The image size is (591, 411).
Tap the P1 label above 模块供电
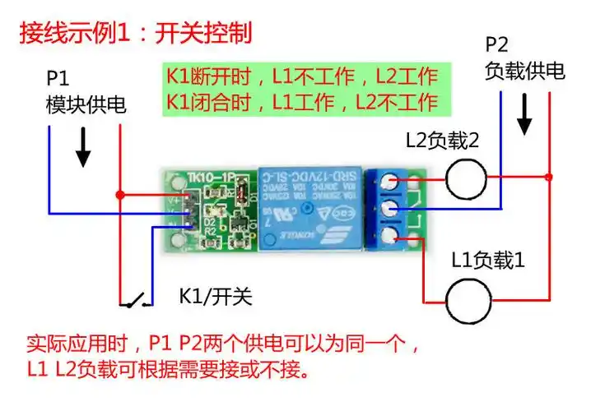(58, 80)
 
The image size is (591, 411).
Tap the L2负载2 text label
(442, 141)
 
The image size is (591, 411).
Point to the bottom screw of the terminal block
(388, 238)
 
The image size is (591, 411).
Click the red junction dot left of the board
(120, 195)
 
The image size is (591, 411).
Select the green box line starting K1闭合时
(301, 103)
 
